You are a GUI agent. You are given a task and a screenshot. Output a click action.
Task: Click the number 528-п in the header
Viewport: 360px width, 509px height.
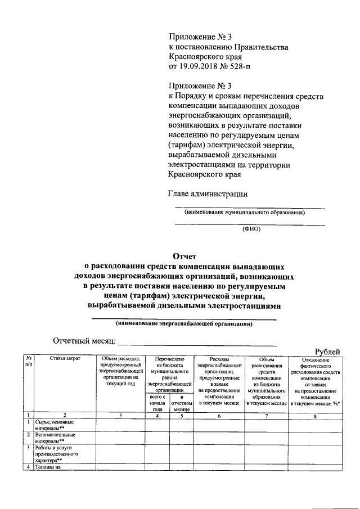click(242, 66)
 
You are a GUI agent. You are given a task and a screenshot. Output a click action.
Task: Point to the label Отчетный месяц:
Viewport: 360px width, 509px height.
click(84, 341)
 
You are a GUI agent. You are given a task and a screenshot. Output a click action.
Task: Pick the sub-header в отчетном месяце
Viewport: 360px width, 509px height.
click(182, 403)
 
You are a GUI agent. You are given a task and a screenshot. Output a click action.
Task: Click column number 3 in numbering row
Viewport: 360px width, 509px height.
click(120, 416)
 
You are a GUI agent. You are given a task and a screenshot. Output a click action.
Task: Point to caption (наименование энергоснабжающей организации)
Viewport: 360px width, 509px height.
click(184, 324)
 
